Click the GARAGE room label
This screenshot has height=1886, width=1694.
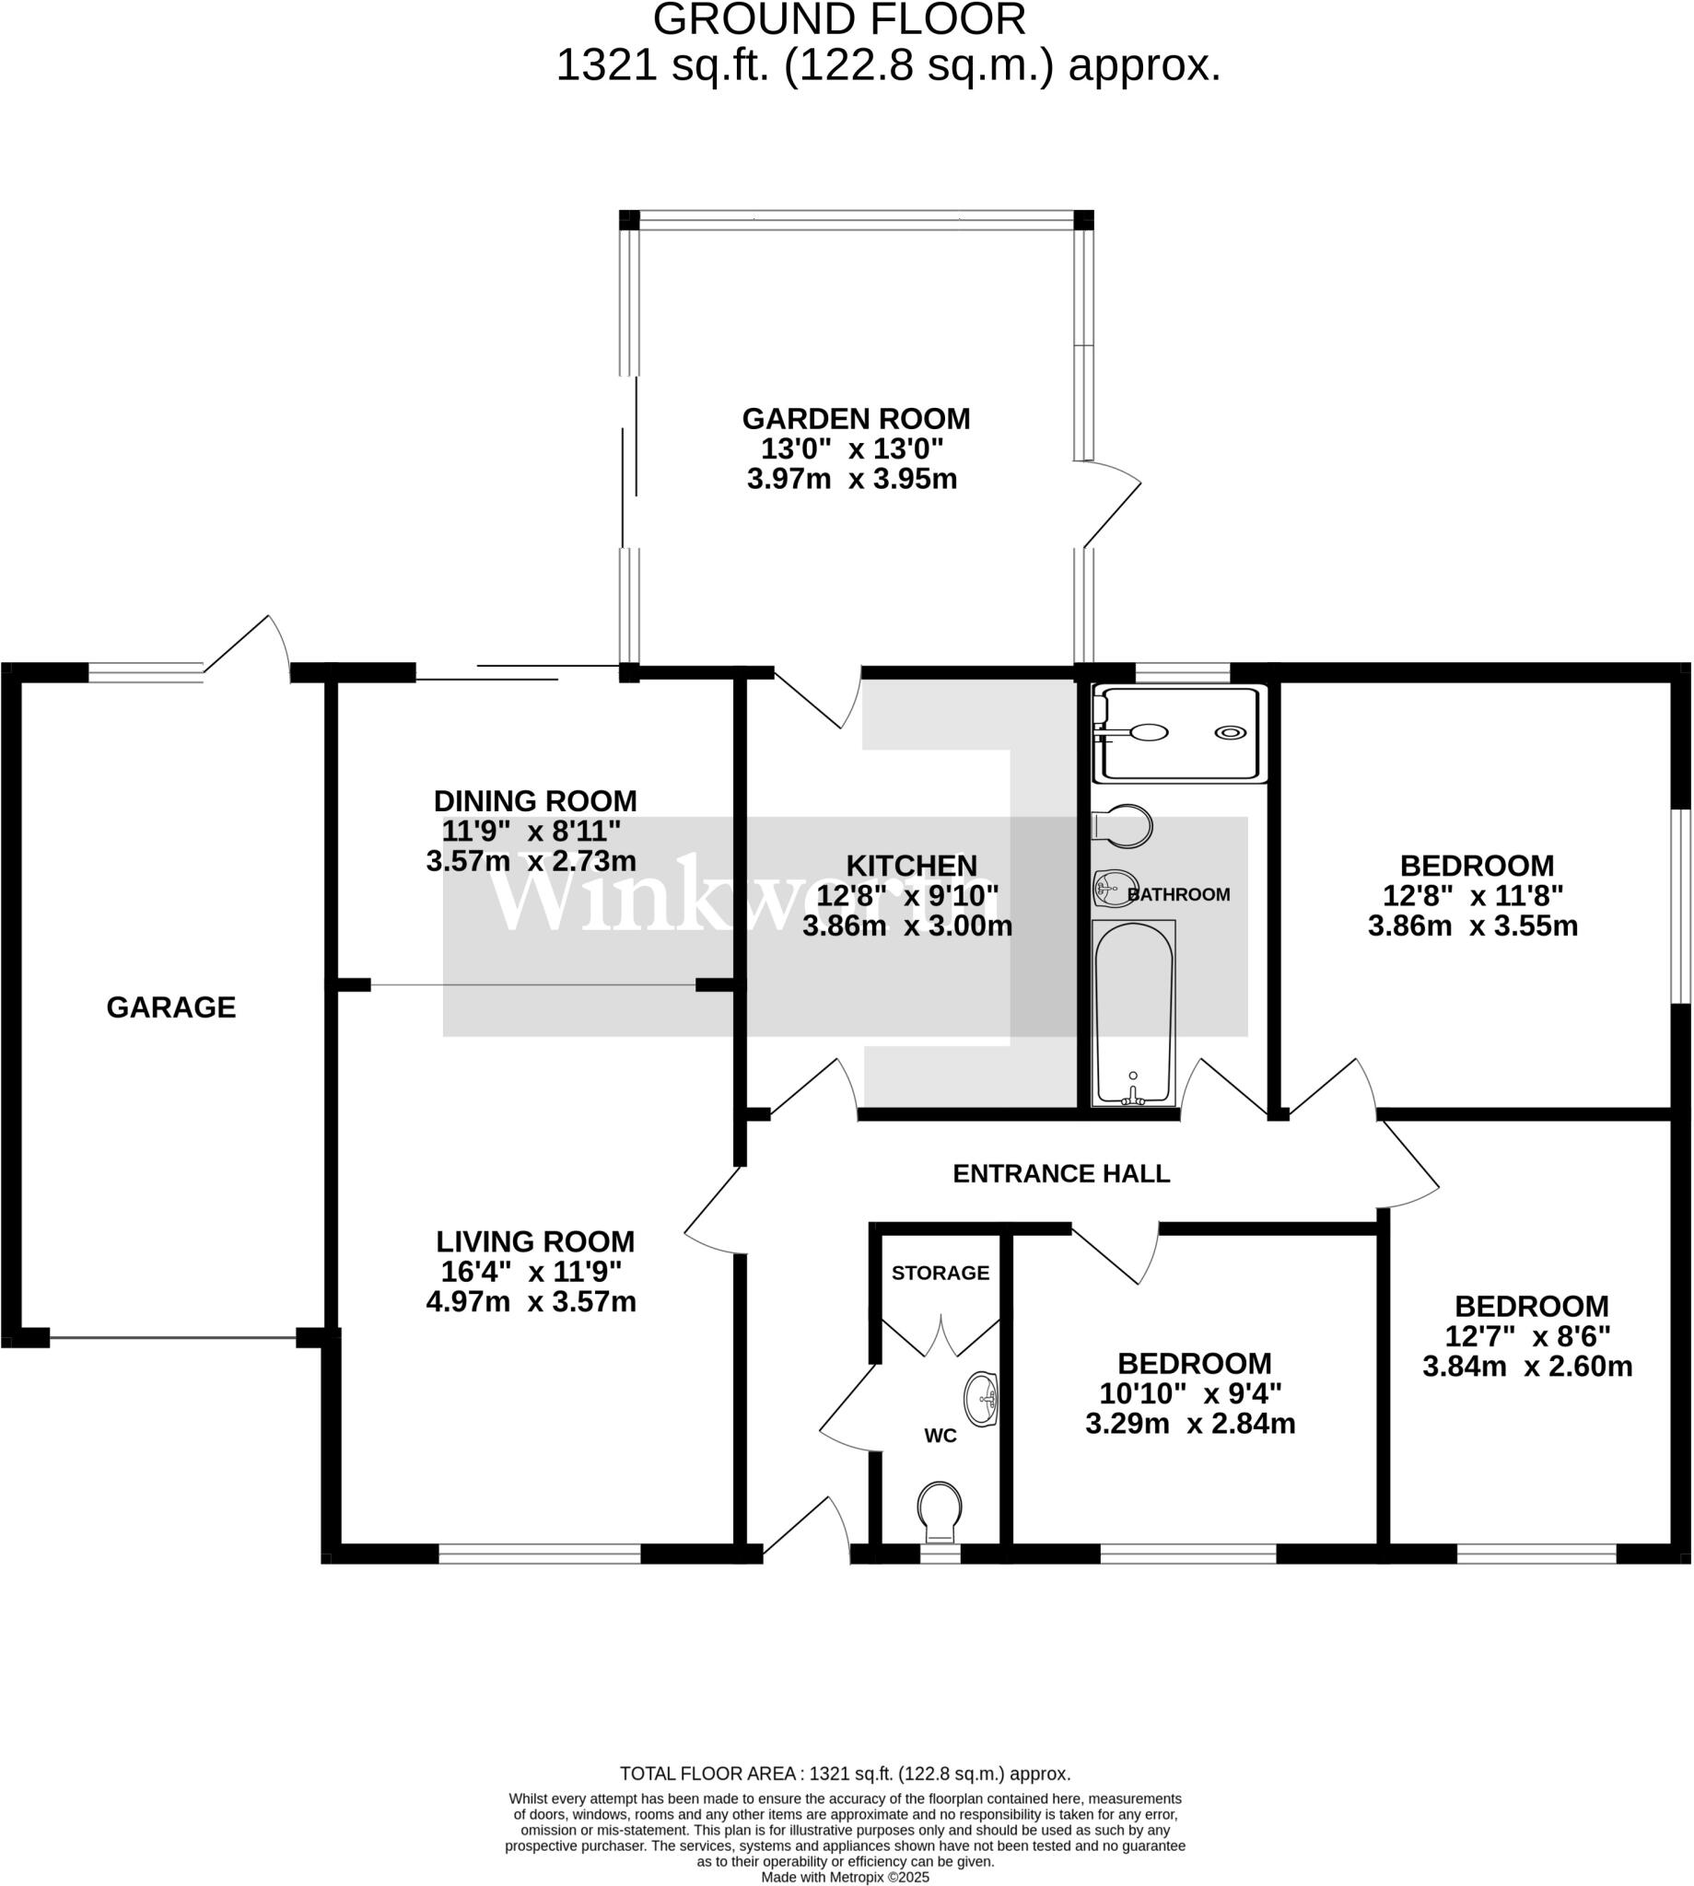coord(171,1007)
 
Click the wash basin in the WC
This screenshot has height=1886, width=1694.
coord(982,1399)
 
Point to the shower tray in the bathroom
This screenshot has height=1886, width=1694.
coord(1179,733)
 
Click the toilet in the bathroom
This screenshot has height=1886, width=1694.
coord(1123,826)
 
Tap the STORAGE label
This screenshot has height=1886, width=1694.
coord(940,1273)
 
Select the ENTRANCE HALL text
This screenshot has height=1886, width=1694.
coord(1061,1173)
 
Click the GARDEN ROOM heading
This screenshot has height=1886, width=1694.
coord(856,419)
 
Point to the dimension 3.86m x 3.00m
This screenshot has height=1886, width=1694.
coord(906,926)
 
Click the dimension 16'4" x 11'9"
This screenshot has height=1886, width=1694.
coord(531,1271)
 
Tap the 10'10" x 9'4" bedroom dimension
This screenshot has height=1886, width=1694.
coord(1190,1394)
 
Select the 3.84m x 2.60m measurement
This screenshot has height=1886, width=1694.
coord(1527,1366)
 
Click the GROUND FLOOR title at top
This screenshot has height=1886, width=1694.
coord(838,19)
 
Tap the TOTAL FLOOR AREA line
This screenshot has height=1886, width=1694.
coord(845,1774)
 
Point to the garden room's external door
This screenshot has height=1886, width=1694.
coord(1111,507)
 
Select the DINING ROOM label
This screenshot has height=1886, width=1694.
coord(535,800)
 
